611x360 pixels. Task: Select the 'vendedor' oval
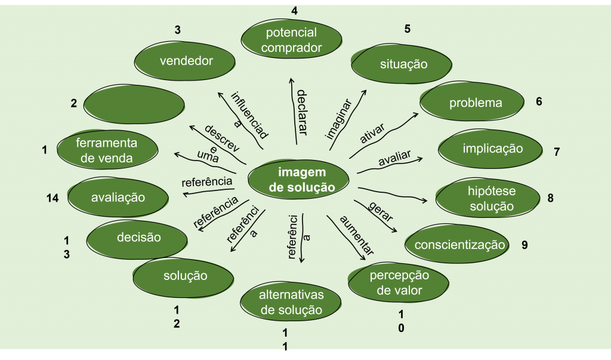186,60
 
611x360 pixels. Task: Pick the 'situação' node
403,64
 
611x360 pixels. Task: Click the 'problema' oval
475,103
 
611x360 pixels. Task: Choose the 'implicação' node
492,149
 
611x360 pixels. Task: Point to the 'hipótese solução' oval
490,198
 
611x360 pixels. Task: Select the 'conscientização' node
459,245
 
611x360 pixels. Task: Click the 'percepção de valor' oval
399,283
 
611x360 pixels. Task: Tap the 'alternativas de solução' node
291,303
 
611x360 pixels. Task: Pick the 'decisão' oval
138,237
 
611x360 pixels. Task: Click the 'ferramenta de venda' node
107,150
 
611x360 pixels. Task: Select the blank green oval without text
134,104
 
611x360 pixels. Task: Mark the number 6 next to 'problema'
539,101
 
